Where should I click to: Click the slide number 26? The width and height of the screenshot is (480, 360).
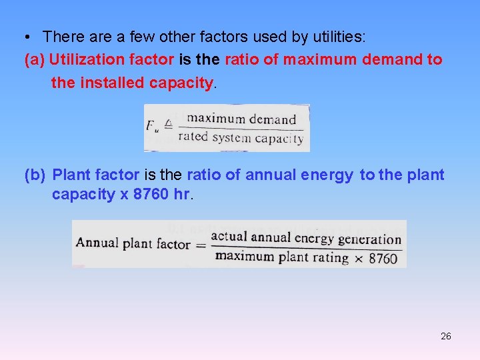pos(446,336)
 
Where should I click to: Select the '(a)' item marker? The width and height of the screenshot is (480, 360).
pos(35,59)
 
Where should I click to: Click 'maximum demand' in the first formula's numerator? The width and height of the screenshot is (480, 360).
pos(241,120)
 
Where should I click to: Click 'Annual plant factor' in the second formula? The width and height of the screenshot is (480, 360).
pos(133,243)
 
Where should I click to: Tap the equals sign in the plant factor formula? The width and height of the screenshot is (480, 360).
pos(201,244)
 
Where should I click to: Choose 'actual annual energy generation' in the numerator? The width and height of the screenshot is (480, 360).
pos(305,237)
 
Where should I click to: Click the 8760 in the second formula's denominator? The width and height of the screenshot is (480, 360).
pos(383,258)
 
